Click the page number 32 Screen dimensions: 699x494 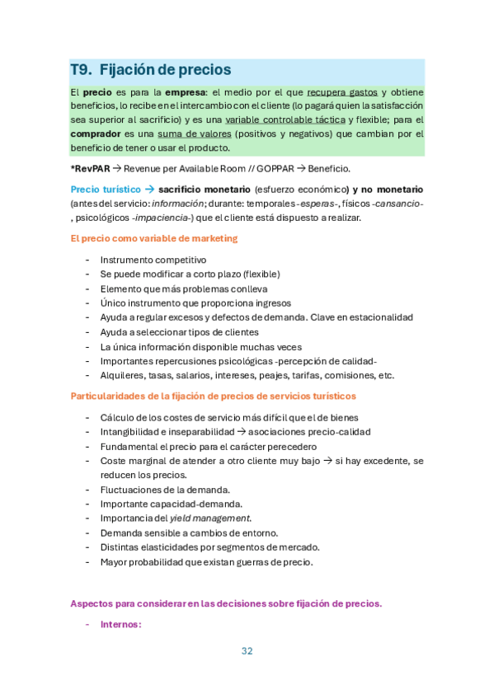[x=247, y=650]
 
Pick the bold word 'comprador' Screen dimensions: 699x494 [x=95, y=134]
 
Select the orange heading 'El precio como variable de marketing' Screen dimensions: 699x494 [x=154, y=238]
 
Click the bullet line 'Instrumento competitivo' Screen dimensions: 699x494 [x=153, y=259]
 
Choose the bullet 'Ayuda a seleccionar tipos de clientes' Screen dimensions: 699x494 [x=179, y=331]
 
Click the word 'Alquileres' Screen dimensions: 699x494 [x=122, y=375]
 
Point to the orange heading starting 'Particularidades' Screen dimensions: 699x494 [x=218, y=396]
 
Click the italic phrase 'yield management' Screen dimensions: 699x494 [x=209, y=518]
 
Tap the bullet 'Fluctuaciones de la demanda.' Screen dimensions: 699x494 [x=165, y=489]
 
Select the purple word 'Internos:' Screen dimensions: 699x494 [x=121, y=624]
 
